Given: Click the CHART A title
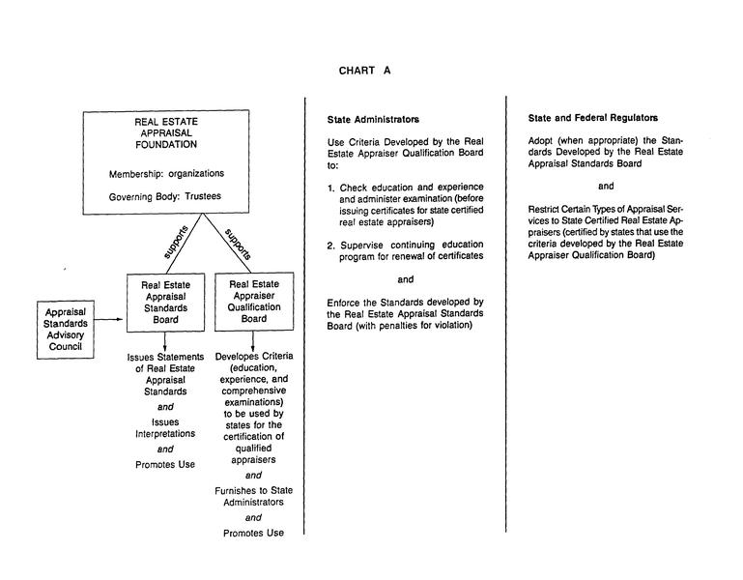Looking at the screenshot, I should [364, 71].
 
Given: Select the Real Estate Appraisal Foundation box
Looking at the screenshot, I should [165, 161].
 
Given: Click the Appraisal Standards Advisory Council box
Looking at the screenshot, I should [64, 329].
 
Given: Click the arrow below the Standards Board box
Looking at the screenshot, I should [165, 340].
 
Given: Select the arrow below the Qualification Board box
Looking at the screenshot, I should [253, 340].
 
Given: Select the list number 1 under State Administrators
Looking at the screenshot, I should [330, 187].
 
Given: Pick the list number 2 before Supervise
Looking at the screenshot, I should [330, 245].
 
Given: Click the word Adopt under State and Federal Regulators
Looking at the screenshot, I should [542, 140].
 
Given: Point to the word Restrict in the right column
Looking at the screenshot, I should [545, 209].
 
